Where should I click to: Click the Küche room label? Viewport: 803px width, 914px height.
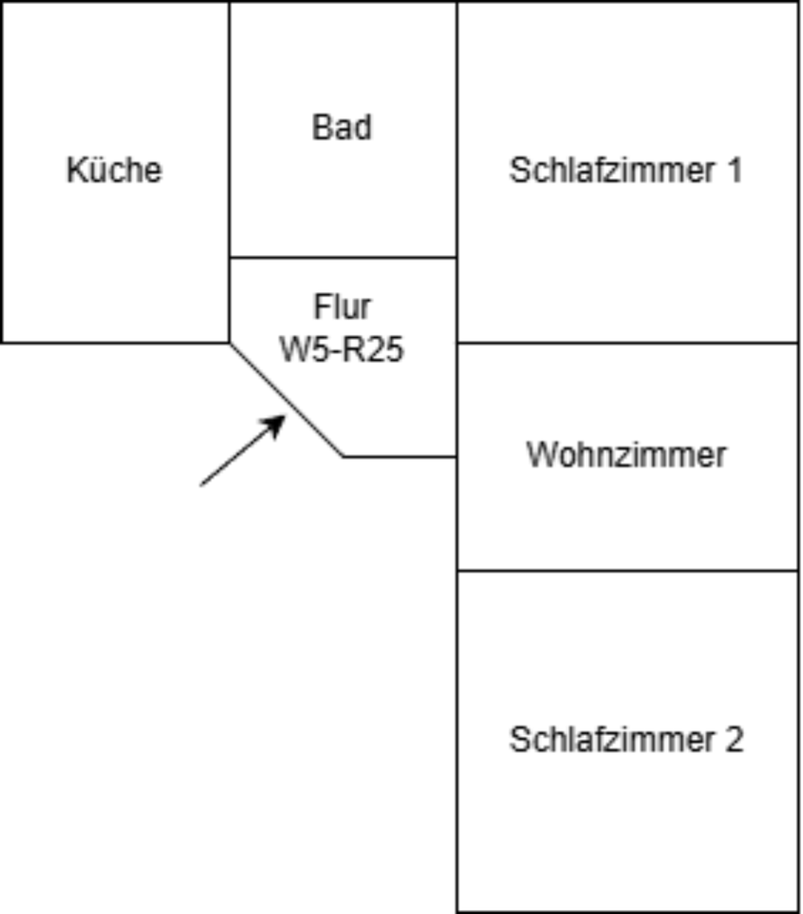click(114, 170)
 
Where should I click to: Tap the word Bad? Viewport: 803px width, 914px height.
click(342, 128)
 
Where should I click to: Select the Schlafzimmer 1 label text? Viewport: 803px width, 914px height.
click(625, 170)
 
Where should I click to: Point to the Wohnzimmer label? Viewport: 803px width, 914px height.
click(626, 454)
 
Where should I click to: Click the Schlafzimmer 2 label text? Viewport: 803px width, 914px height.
click(626, 740)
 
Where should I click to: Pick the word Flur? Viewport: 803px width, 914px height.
click(342, 307)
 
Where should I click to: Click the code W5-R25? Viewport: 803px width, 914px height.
click(342, 349)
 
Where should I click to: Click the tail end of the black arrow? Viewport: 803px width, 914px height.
click(202, 485)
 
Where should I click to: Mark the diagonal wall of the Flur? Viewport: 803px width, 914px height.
click(285, 399)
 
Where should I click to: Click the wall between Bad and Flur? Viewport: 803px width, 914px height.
click(343, 257)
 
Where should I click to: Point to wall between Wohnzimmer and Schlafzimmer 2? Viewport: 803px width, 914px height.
click(628, 570)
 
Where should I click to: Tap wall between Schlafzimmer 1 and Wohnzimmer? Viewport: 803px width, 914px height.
click(628, 342)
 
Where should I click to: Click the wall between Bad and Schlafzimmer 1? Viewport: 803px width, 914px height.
click(457, 129)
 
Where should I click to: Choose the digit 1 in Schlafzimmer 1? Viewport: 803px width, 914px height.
click(733, 170)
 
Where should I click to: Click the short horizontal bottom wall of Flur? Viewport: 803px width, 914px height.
click(400, 456)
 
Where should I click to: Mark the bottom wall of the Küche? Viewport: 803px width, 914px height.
click(114, 342)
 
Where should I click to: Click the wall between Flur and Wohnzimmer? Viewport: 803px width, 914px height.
click(457, 400)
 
